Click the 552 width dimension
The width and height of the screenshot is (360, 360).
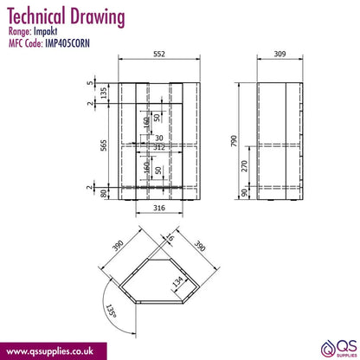159,54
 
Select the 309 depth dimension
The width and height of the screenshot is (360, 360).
280,54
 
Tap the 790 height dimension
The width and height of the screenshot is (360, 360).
234,141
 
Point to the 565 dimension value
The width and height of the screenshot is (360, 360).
104,145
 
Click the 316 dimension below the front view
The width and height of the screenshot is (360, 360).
159,208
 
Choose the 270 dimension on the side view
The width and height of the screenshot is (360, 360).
244,166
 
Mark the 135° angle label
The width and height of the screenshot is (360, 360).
111,311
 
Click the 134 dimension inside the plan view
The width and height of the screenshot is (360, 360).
177,281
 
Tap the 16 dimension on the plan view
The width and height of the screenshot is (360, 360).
170,238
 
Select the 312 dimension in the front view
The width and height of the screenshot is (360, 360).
159,147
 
